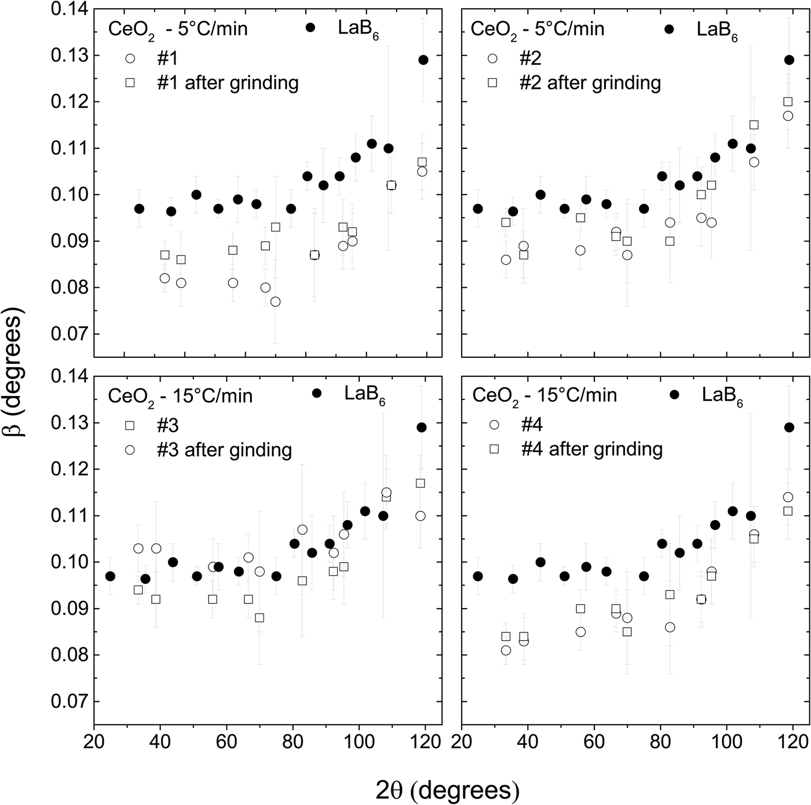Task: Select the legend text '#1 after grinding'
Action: click(x=228, y=83)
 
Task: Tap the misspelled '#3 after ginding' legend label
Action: click(x=224, y=450)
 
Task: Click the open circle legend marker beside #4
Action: click(x=494, y=425)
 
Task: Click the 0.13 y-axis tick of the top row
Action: click(x=69, y=56)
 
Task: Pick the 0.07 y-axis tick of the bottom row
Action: click(x=69, y=702)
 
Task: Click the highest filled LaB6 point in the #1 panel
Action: click(x=423, y=60)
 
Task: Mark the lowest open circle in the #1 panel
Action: click(x=275, y=302)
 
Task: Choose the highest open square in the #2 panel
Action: click(x=788, y=102)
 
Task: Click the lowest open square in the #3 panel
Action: click(x=260, y=618)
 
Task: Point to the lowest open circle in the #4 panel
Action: click(x=506, y=650)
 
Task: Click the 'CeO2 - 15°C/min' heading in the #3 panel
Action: click(x=181, y=396)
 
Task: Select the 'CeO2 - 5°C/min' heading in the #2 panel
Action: click(x=538, y=29)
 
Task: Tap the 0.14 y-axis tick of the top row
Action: click(x=69, y=9)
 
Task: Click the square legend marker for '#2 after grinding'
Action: click(x=492, y=83)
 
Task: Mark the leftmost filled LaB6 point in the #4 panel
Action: click(x=478, y=576)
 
